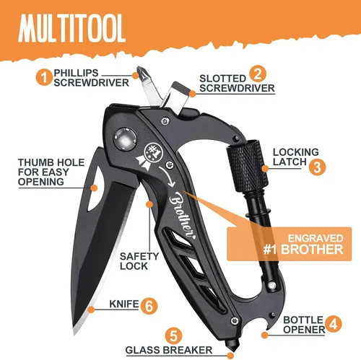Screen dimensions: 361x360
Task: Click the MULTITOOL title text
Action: (71, 28)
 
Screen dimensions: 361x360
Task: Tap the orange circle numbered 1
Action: (44, 77)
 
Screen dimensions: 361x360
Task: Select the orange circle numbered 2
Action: (258, 74)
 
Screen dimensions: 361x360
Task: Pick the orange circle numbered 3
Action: (317, 167)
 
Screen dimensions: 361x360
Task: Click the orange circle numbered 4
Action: (333, 324)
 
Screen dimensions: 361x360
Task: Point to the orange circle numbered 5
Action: (173, 336)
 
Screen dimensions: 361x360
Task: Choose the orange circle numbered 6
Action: (149, 306)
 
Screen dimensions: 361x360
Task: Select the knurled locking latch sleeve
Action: (247, 166)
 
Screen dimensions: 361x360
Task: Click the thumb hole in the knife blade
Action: (96, 188)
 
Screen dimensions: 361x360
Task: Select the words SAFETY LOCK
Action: (139, 261)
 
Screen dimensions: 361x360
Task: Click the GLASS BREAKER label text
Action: (169, 350)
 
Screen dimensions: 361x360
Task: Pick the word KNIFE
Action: (124, 304)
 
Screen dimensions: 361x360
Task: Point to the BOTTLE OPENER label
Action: (304, 325)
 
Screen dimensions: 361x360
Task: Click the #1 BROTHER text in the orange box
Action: (303, 250)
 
